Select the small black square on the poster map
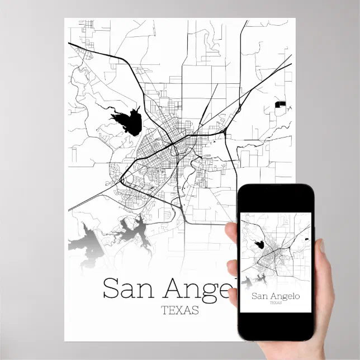click(x=281, y=104)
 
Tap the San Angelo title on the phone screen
click(x=276, y=296)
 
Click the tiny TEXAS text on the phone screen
click(x=276, y=303)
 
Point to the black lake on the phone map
click(x=259, y=244)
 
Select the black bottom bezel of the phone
click(x=276, y=326)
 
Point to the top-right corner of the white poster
click(x=295, y=18)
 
